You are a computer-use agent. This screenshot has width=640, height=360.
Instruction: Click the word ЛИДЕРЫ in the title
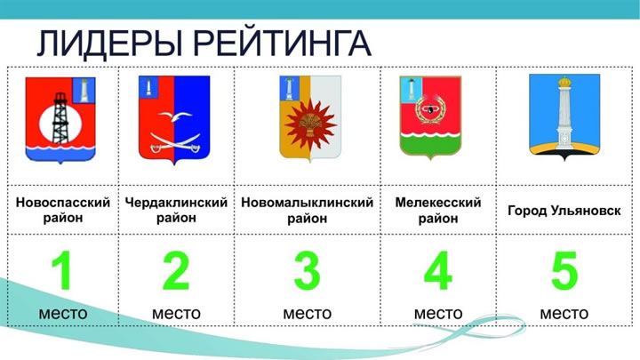click(109, 43)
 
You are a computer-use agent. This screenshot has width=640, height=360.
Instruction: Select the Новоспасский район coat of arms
click(60, 120)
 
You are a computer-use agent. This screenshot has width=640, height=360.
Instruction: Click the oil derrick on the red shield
click(60, 118)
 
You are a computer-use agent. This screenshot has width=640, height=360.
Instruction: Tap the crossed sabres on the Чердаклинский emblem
click(175, 143)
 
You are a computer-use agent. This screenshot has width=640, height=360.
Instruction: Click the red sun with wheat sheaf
click(310, 124)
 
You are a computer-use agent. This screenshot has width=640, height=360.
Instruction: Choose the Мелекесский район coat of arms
click(430, 117)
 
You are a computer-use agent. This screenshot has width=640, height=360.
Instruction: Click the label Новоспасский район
click(63, 210)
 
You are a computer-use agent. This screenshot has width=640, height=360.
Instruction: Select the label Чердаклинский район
click(176, 210)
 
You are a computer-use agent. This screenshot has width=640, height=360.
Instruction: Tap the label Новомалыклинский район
click(308, 210)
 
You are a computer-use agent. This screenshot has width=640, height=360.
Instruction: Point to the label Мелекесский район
click(438, 210)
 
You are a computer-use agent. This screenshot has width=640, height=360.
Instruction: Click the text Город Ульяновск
click(564, 211)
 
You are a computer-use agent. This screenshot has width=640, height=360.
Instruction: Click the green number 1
click(62, 270)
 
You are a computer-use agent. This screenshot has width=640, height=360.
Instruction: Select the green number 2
click(176, 270)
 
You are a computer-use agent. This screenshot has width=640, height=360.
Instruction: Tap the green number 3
click(308, 270)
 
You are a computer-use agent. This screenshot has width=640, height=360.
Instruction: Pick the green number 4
click(438, 270)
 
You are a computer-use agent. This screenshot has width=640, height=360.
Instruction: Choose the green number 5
click(564, 270)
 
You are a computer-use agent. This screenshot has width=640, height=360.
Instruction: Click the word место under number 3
click(308, 314)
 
